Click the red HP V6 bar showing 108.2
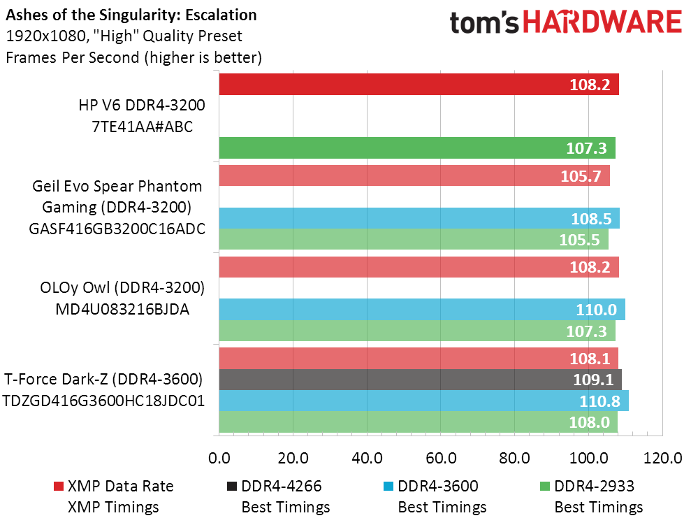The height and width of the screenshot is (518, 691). coord(419,84)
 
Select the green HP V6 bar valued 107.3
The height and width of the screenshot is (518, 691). coord(417,148)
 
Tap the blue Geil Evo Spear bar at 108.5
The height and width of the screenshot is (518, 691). coord(419,218)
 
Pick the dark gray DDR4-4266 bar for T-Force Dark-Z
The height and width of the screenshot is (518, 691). coord(421,379)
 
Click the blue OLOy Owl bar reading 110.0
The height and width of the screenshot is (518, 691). coord(422,309)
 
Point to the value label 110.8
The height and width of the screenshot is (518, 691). coord(599,401)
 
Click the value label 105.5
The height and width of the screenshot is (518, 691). coord(579,240)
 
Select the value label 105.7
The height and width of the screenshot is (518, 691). coord(581,176)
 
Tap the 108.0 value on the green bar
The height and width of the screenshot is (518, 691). coord(589,422)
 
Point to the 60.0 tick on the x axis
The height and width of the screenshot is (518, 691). coord(441,458)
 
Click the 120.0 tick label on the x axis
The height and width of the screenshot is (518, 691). coord(662,458)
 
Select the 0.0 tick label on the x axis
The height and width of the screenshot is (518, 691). coord(219,458)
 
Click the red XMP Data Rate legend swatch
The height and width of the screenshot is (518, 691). coord(59,487)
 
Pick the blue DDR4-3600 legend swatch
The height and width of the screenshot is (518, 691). coord(388,487)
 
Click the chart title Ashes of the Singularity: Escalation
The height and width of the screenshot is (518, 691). coord(131,15)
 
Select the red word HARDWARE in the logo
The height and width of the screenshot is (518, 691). coord(602,22)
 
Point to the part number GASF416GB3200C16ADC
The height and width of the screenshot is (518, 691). coord(117,229)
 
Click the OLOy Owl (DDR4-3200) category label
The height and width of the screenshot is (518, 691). coord(122,287)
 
